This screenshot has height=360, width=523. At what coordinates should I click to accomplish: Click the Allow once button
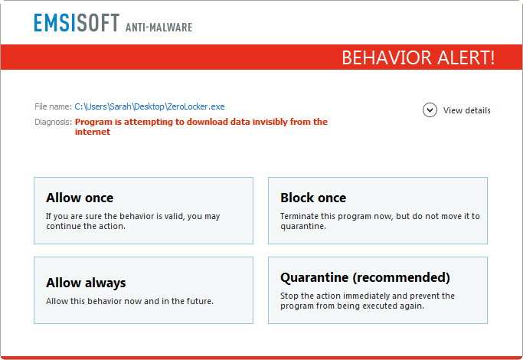tap(143, 211)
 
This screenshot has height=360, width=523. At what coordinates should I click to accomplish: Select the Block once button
tap(378, 211)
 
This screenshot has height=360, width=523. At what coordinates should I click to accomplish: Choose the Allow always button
tap(143, 290)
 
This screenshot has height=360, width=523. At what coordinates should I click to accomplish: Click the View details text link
tap(467, 110)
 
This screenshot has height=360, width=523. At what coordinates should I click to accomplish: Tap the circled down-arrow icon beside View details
tap(430, 110)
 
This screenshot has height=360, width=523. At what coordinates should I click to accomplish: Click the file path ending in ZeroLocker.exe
tap(150, 106)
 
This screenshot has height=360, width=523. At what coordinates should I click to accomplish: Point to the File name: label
tap(53, 106)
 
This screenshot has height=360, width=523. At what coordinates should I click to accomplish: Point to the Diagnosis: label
tap(53, 122)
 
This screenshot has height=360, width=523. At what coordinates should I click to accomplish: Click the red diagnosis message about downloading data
tap(201, 122)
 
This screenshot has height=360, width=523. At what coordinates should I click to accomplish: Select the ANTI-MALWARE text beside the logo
tap(159, 28)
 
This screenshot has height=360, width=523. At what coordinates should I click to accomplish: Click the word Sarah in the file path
tap(119, 106)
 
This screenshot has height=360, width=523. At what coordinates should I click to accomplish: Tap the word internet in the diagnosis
tap(93, 132)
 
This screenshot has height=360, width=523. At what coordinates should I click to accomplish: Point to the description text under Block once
tap(380, 221)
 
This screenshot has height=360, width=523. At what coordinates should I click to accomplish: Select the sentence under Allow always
tap(129, 301)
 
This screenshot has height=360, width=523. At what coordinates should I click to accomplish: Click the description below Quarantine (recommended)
tap(368, 300)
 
